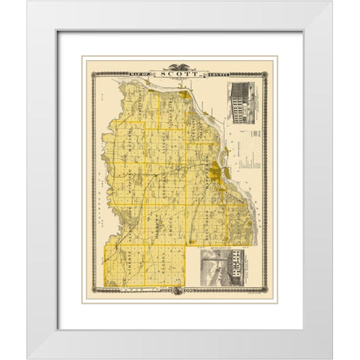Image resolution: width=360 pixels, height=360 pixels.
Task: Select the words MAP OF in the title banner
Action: pos(142,73)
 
